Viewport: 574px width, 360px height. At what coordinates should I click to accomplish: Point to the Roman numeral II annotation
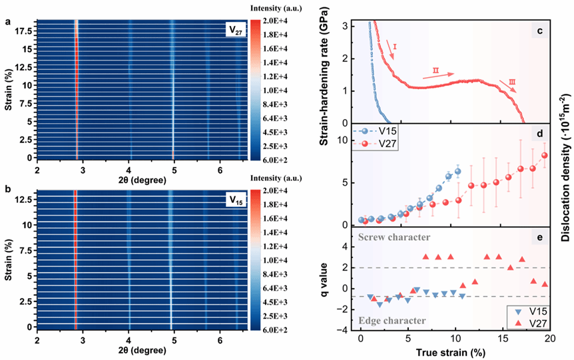click(x=435, y=70)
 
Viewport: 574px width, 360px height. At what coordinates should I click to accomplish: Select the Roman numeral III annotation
click(x=511, y=82)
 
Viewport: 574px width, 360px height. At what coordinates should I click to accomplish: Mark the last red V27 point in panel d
click(x=545, y=156)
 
